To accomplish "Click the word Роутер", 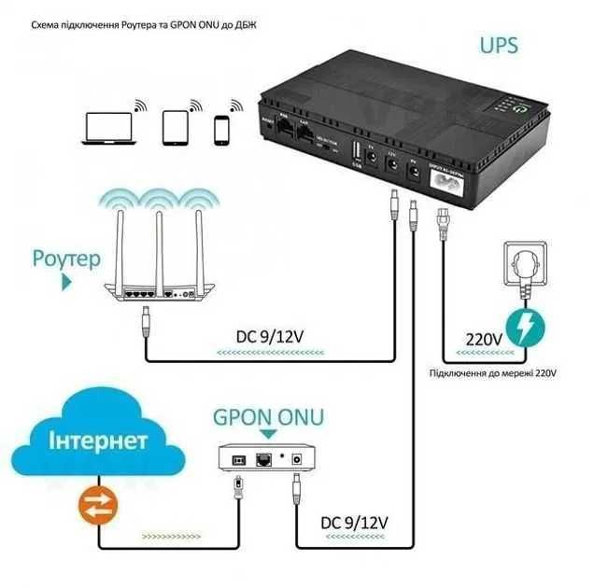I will coord(65,259).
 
